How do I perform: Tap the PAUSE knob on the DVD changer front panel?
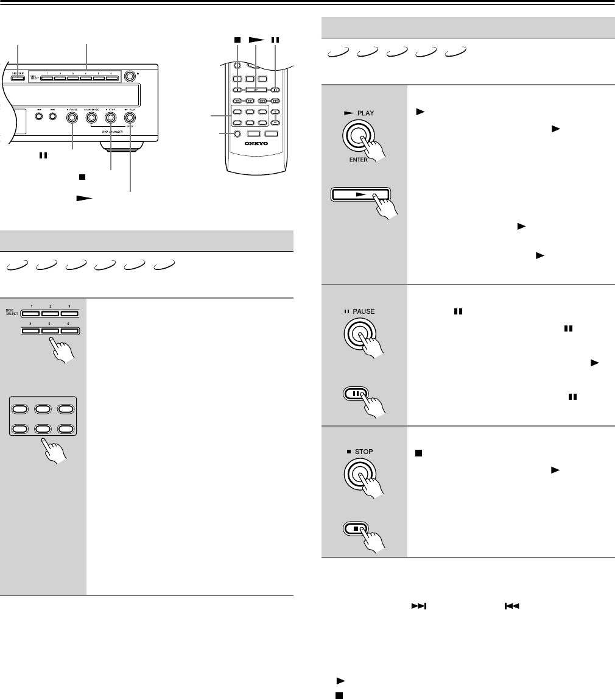(72, 118)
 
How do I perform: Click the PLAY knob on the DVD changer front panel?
(130, 118)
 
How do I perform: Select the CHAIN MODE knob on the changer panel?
(91, 118)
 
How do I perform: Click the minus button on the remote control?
(275, 122)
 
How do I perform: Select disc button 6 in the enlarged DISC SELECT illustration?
(70, 330)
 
